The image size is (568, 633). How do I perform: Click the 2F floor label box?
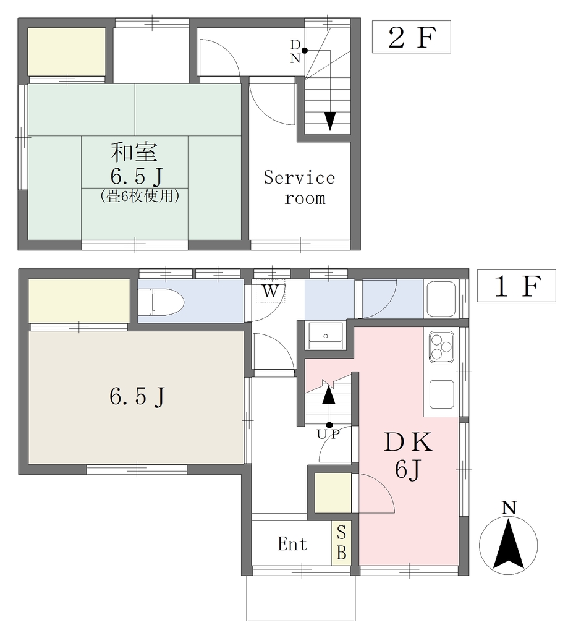[x=411, y=36]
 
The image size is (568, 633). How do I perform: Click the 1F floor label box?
[x=516, y=286]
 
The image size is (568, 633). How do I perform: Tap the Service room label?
[x=300, y=188]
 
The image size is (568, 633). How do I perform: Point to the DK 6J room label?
[x=408, y=455]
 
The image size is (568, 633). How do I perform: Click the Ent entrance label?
[x=293, y=544]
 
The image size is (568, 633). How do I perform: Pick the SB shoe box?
[x=341, y=543]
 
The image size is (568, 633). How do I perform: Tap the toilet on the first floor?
[x=161, y=301]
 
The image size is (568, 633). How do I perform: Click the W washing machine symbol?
[x=270, y=291]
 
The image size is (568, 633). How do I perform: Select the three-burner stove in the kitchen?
[x=441, y=346]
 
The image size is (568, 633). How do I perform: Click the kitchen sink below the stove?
[x=442, y=394]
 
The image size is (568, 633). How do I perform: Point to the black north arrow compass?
[x=509, y=544]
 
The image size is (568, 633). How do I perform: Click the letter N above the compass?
[x=509, y=508]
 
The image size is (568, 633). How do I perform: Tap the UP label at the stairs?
[x=328, y=434]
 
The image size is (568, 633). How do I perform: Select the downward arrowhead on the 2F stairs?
[x=330, y=121]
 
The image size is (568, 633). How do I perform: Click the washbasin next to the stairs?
[x=325, y=336]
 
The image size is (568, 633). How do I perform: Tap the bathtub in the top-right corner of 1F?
[x=441, y=299]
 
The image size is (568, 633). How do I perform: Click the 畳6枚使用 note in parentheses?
[x=139, y=196]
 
